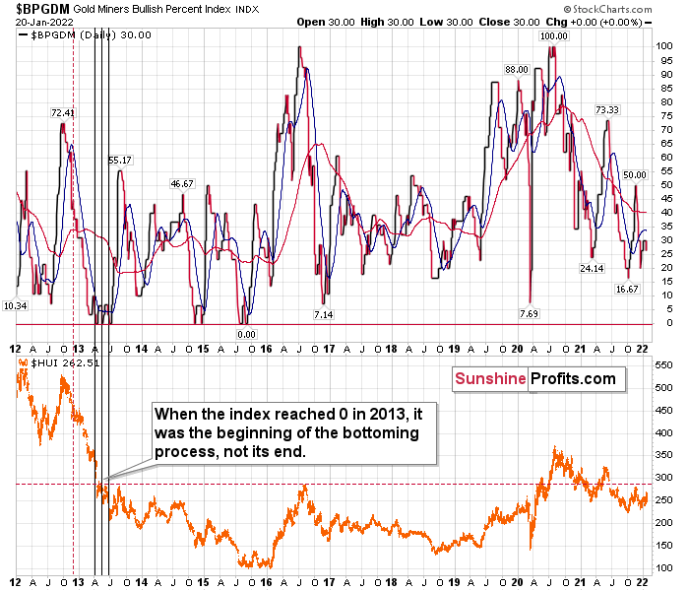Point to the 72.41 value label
pos(64,112)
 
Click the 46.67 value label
pos(182,183)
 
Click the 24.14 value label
pos(592,268)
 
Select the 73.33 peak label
pos(606,109)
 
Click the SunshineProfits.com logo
pos(534,379)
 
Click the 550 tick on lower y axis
pos(663,364)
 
